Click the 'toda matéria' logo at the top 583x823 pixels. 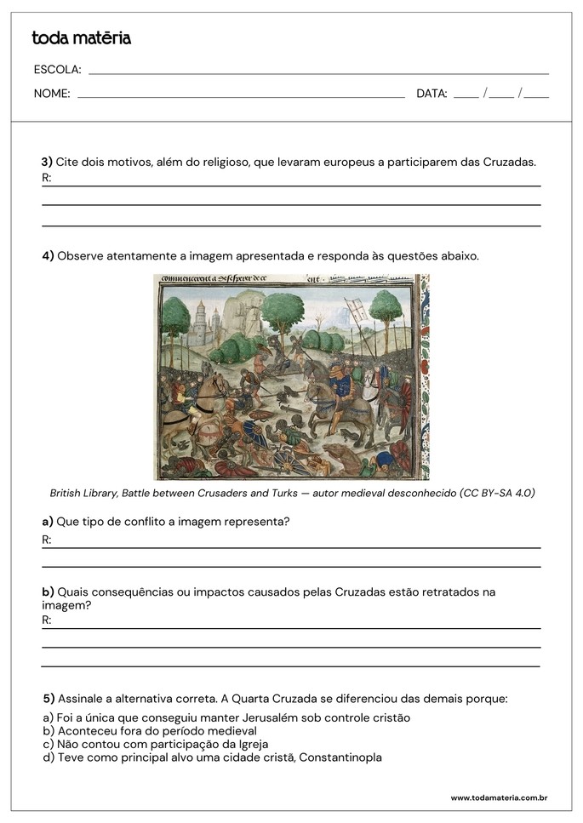tap(81, 38)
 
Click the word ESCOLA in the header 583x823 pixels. tap(57, 70)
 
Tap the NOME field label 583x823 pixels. tap(52, 94)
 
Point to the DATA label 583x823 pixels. tap(432, 94)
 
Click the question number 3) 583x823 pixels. tap(47, 161)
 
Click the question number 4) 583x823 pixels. tap(48, 255)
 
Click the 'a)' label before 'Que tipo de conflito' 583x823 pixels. tap(48, 521)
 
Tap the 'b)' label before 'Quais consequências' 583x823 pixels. tap(48, 592)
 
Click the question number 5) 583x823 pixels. tap(49, 699)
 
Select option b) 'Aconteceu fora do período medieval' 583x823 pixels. tap(149, 730)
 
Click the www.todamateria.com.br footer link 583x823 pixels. tap(498, 797)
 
